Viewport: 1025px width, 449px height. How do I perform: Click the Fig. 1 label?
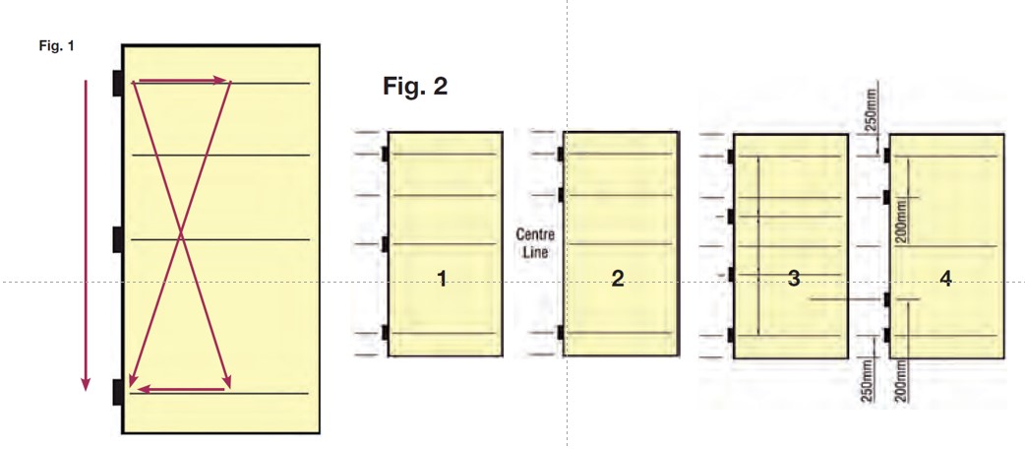(x=57, y=46)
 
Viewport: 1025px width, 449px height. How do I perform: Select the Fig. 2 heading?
(x=414, y=87)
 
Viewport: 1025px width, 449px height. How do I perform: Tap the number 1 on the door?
(x=442, y=280)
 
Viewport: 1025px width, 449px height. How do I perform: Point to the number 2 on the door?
(x=617, y=280)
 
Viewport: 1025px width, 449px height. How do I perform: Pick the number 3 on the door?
(x=793, y=280)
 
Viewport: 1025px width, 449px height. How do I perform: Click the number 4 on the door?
(x=945, y=280)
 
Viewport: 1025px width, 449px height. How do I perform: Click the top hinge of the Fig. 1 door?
(x=117, y=84)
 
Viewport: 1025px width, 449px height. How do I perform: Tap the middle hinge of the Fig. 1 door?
(x=117, y=239)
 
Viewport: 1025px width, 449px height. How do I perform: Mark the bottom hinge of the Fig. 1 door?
(x=117, y=392)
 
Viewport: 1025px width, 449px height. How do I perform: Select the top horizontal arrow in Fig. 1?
(x=181, y=82)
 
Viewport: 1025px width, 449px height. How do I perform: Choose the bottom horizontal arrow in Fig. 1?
(x=181, y=390)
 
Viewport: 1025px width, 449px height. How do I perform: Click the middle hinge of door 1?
(x=385, y=243)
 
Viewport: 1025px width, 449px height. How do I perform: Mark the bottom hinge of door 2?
(x=560, y=334)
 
